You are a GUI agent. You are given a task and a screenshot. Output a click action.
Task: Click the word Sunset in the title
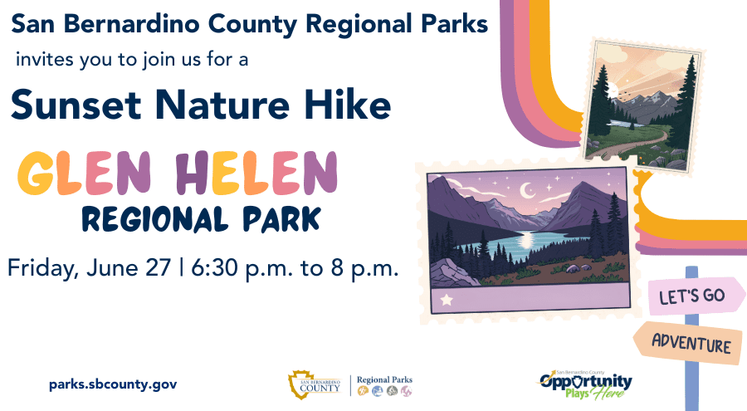[x=76, y=105]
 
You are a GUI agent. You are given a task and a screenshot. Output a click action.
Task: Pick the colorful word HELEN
[x=256, y=173]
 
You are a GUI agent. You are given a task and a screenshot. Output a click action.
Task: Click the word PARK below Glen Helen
[x=281, y=220]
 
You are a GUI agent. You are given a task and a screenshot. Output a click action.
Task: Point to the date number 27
[x=159, y=267]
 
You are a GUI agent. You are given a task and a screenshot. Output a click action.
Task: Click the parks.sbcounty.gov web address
[x=113, y=384]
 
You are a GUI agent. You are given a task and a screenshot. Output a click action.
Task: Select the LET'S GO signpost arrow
[x=696, y=296]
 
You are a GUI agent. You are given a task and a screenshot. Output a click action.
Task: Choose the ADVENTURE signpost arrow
[x=688, y=342]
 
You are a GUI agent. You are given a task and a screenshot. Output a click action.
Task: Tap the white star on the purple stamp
[x=447, y=300]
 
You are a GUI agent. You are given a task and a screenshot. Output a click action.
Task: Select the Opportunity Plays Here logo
[x=585, y=384]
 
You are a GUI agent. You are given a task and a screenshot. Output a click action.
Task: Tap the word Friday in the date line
[x=41, y=268]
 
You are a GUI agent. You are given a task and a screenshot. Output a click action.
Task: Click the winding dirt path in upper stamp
[x=633, y=142]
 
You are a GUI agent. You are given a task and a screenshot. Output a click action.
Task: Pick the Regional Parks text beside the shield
[x=384, y=379]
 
